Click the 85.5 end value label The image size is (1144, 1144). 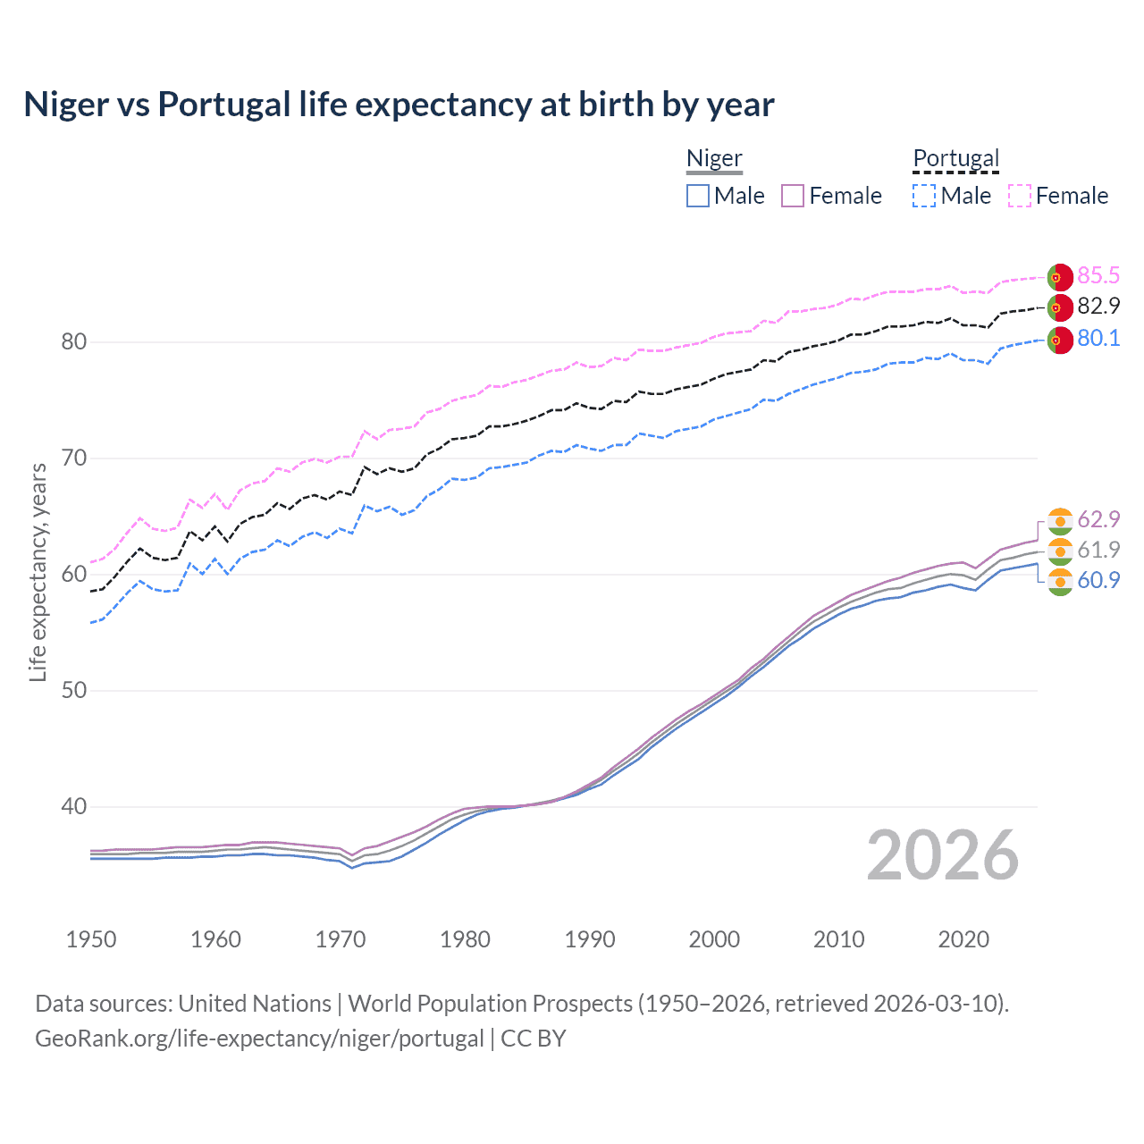coord(1098,275)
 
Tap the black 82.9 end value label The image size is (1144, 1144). coord(1098,306)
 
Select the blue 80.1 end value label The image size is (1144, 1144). coord(1098,338)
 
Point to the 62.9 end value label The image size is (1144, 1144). coord(1098,519)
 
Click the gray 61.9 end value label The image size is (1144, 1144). coord(1098,550)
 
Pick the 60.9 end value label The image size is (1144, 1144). coord(1098,580)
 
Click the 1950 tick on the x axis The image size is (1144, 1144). coord(91,939)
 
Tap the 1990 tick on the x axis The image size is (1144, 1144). coord(590,939)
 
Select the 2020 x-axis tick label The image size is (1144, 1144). coord(963,939)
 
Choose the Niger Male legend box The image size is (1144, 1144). coord(698,196)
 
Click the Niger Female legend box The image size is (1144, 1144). coord(794,196)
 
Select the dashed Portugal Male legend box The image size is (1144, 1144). coord(924,196)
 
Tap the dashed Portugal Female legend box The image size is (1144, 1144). coord(1020,196)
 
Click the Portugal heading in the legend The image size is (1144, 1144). coord(955,158)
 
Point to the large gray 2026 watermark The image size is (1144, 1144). coord(943,855)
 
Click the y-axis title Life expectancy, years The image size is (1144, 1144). coord(38,572)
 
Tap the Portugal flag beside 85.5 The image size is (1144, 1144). coord(1060,277)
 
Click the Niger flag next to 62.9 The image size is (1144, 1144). coord(1060,521)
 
